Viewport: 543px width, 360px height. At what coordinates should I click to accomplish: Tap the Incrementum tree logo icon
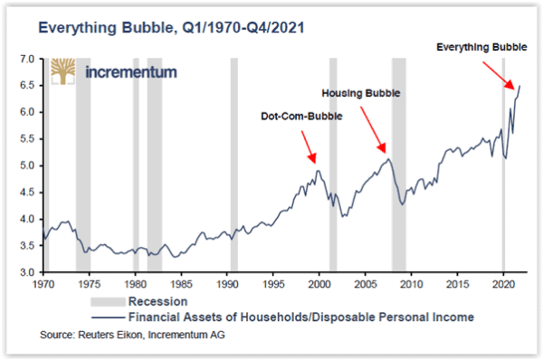pos(64,73)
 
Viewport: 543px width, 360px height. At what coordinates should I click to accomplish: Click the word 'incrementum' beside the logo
pos(129,72)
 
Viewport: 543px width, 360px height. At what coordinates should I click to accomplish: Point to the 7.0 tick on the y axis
pos(26,60)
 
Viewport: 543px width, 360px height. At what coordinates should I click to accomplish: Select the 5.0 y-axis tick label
pos(26,166)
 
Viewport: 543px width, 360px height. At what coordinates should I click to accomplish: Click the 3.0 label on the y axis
pos(26,272)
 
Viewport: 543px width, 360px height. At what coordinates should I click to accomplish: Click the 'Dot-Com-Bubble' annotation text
pos(296,117)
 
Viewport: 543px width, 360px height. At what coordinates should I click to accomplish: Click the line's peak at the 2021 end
pos(519,86)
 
